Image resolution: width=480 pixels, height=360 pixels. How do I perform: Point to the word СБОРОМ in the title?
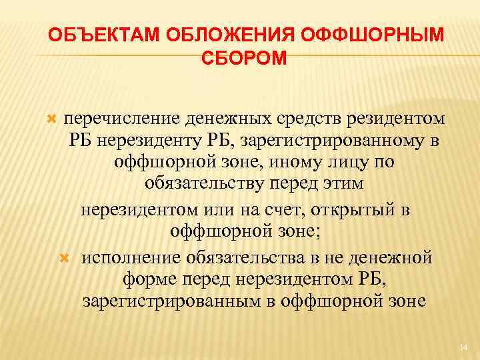coord(240,59)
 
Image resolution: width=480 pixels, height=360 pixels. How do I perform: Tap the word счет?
coord(296,210)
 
